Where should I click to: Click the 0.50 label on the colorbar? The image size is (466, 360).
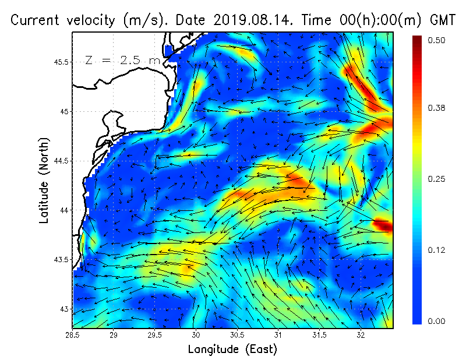[x=437, y=40]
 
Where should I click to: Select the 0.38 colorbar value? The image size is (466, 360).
[x=437, y=108]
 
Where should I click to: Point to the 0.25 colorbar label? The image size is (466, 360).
[x=437, y=179]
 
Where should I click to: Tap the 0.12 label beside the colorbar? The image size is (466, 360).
[x=437, y=250]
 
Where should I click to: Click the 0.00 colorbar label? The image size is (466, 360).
[x=437, y=321]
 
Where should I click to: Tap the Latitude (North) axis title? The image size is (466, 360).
[x=44, y=180]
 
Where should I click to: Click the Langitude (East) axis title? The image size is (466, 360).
[x=232, y=350]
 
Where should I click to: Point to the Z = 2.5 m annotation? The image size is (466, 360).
[x=123, y=60]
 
